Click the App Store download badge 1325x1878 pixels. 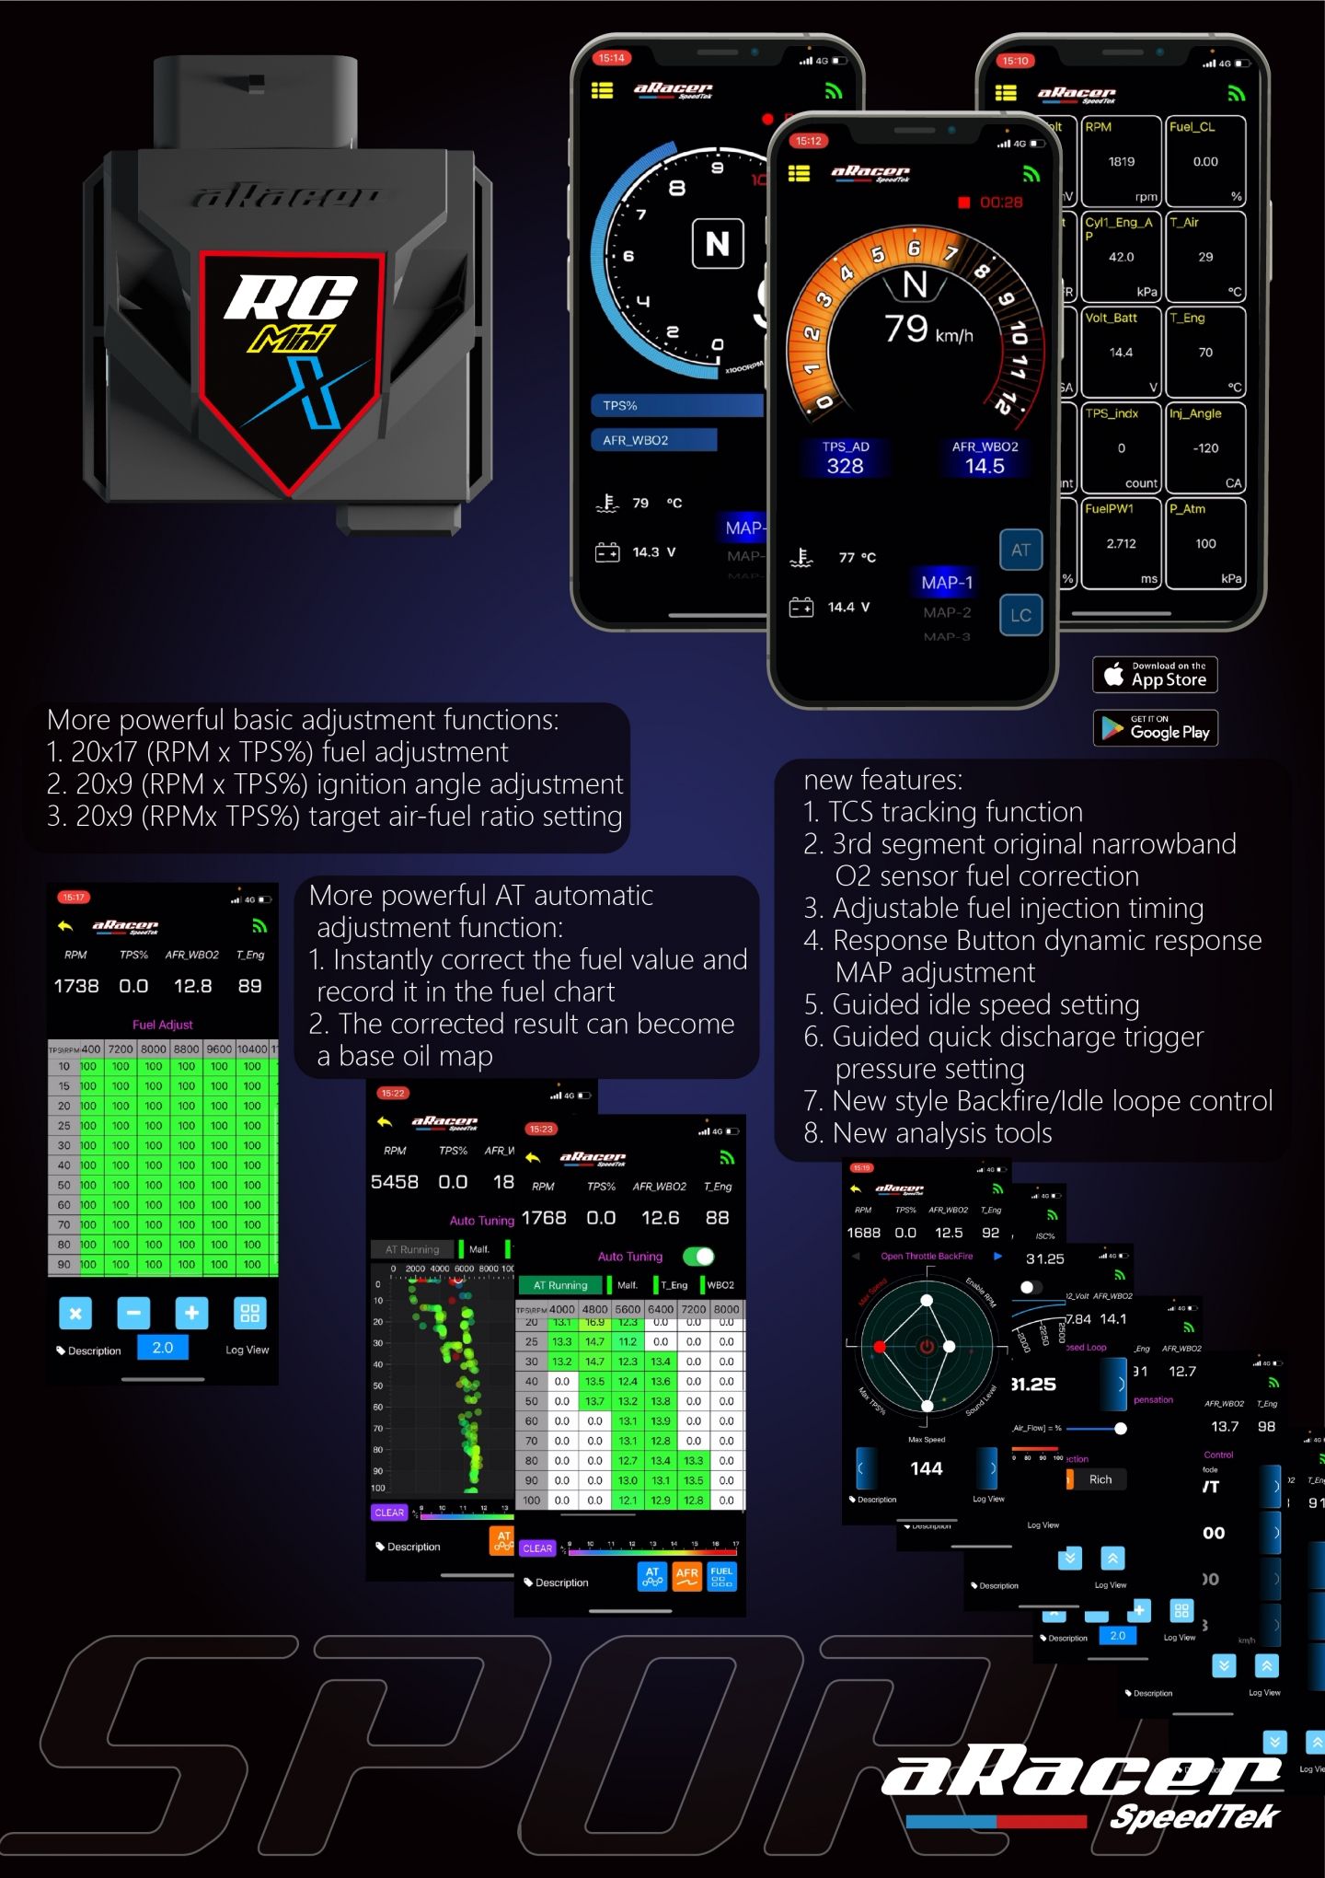click(1155, 675)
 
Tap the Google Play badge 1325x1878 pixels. click(1155, 728)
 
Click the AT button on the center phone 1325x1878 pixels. click(1020, 551)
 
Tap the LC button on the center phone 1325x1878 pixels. click(1020, 615)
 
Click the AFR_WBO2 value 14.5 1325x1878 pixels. click(985, 467)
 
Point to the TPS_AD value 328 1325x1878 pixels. click(845, 467)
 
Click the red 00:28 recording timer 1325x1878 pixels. click(999, 203)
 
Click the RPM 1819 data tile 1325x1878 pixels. click(1121, 162)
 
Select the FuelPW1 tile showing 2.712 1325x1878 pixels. click(1121, 543)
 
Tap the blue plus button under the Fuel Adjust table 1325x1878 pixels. click(191, 1313)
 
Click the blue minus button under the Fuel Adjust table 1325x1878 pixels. click(133, 1313)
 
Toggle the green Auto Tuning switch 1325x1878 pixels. click(698, 1257)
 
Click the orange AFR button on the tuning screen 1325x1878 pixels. click(686, 1577)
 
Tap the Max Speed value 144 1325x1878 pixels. click(926, 1468)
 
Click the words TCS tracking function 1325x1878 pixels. click(955, 812)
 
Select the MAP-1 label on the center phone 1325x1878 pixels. click(946, 583)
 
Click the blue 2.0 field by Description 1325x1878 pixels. click(163, 1348)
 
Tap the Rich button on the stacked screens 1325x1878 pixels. click(1100, 1479)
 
